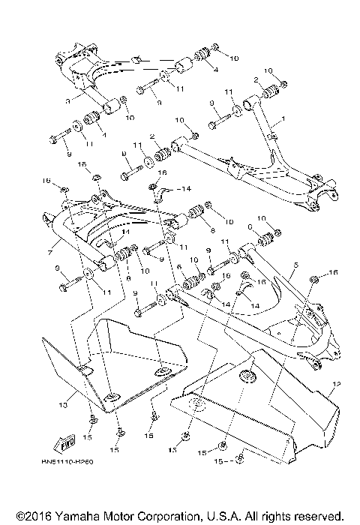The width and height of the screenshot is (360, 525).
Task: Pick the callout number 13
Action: pyautogui.click(x=62, y=404)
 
